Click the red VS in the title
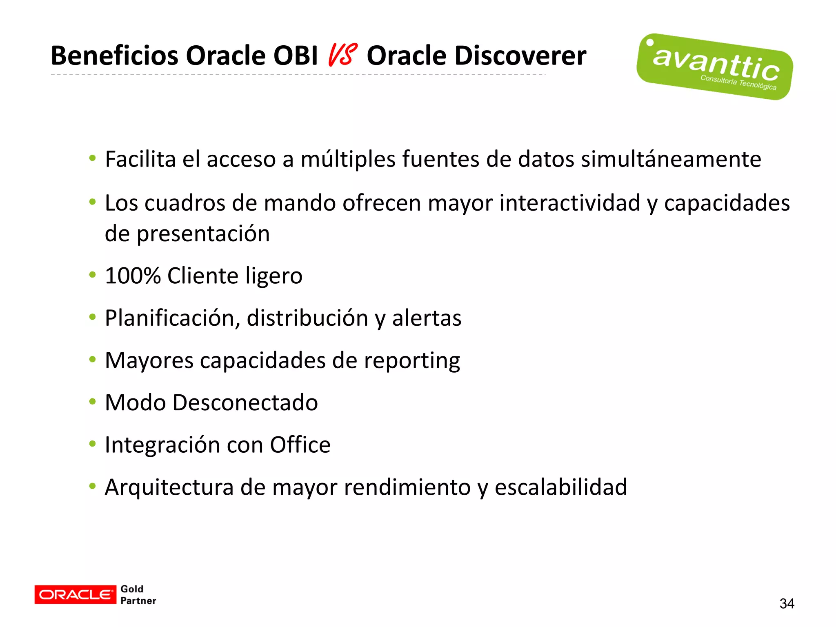pos(342,56)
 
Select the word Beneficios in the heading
pos(115,56)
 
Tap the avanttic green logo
pos(714,67)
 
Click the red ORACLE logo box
pos(75,594)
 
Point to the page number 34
pos(787,603)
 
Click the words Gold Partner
pos(138,595)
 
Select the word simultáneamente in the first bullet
pos(671,159)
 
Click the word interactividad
pos(570,203)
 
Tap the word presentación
pos(203,234)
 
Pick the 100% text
pos(133,276)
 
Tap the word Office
pos(300,445)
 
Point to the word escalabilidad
pos(560,487)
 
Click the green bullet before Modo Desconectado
pos(93,402)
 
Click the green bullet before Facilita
pos(93,158)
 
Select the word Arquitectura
pos(169,487)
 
